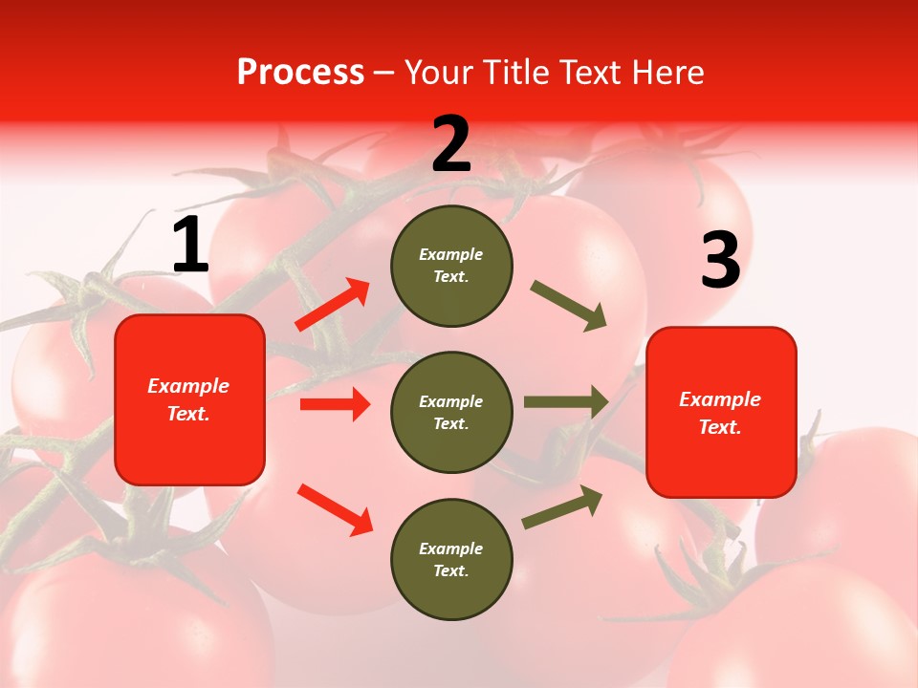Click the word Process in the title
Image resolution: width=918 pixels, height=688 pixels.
pyautogui.click(x=300, y=73)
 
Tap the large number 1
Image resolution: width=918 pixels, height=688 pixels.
pyautogui.click(x=190, y=246)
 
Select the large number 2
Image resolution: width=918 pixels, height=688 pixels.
pyautogui.click(x=451, y=144)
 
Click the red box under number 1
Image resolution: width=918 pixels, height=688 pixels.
pyautogui.click(x=189, y=399)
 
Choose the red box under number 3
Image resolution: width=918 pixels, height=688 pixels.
pyautogui.click(x=721, y=412)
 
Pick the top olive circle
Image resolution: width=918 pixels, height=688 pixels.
pyautogui.click(x=451, y=266)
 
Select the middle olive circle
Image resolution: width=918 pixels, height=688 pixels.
pyautogui.click(x=451, y=412)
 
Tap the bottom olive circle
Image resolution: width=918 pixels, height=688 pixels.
pyautogui.click(x=451, y=559)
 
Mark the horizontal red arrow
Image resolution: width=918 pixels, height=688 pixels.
pyautogui.click(x=335, y=404)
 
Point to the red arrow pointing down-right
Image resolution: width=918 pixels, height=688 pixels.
pyautogui.click(x=335, y=510)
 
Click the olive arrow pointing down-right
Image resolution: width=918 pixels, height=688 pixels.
pyautogui.click(x=569, y=306)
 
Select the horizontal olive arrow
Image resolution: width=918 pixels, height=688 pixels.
pyautogui.click(x=566, y=402)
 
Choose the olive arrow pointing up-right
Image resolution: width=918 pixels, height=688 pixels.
pyautogui.click(x=562, y=507)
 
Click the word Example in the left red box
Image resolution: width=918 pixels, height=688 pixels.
pyautogui.click(x=188, y=386)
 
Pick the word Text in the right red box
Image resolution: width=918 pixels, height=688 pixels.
pyautogui.click(x=719, y=427)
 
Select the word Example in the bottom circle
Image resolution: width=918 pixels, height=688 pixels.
pyautogui.click(x=451, y=548)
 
